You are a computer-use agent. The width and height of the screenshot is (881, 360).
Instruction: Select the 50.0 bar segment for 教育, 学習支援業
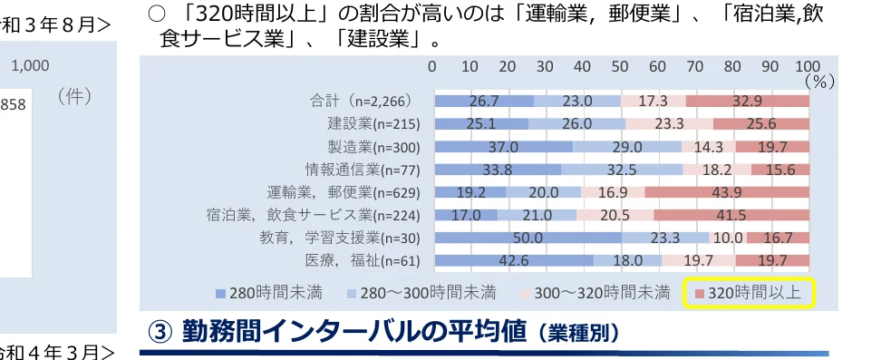pos(528,238)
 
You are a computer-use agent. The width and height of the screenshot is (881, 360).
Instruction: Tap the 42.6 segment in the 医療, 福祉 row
pos(514,261)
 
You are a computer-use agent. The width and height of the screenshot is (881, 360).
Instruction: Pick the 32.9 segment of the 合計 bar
pos(747,101)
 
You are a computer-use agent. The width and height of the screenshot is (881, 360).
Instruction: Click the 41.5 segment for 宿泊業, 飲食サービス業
pos(731,216)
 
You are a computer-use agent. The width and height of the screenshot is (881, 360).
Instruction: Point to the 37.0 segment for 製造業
pos(504,147)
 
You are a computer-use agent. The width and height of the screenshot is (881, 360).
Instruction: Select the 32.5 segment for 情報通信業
pos(622,170)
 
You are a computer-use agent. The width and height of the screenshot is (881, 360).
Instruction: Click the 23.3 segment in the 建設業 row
pos(669,123)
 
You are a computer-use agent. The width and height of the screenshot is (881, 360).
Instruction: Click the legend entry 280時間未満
pos(269,293)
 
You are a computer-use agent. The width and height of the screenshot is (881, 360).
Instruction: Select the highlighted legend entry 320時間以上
pos(751,293)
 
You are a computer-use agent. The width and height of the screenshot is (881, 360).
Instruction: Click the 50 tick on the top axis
pos(620,66)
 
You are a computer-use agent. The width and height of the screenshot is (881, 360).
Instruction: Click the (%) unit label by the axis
pos(819,81)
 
